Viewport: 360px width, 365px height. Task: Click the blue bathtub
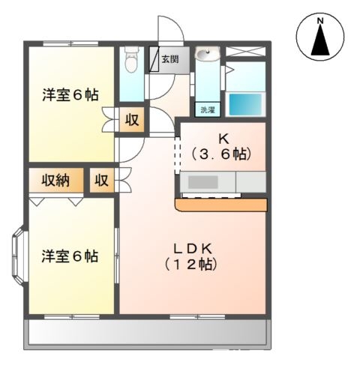245,103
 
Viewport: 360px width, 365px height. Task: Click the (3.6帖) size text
221,154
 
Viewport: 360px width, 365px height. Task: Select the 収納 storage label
55,180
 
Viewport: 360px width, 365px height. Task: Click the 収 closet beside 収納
101,181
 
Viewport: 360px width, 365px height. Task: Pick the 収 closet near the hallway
131,119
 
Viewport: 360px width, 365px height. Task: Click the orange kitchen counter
222,204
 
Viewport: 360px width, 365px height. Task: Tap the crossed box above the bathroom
246,52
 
